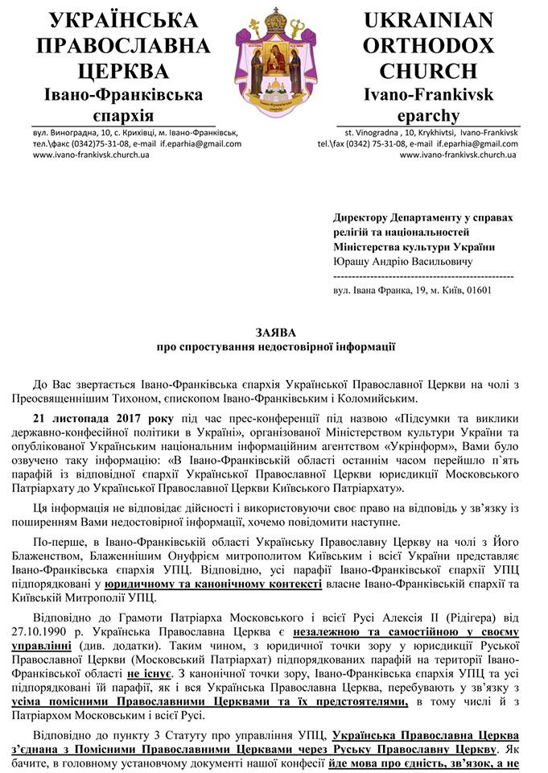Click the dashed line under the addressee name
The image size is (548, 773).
pyautogui.click(x=422, y=275)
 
